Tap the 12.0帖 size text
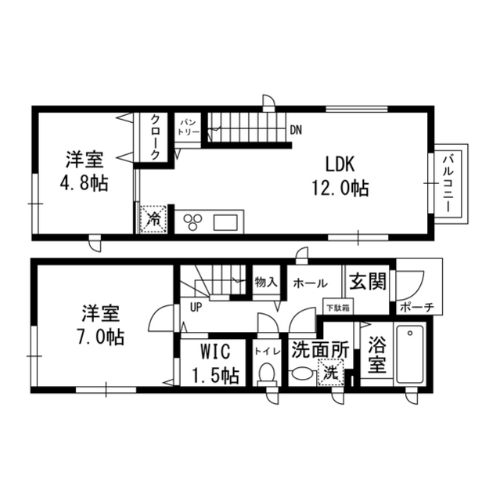tap(341, 187)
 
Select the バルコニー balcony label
tap(451, 186)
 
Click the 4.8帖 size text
tap(84, 184)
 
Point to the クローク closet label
tap(156, 137)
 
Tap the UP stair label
tap(196, 307)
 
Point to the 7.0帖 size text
tap(101, 337)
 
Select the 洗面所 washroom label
tap(319, 350)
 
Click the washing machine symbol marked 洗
tap(332, 374)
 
